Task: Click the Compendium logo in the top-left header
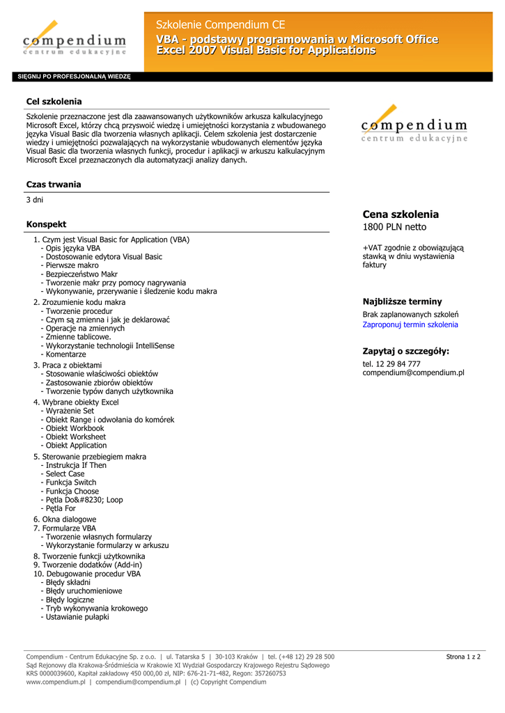click(x=74, y=38)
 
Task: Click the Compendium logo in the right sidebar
click(x=414, y=125)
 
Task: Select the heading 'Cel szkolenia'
click(x=54, y=102)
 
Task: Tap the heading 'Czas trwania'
click(x=54, y=185)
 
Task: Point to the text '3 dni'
click(x=35, y=200)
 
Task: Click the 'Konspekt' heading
click(x=46, y=224)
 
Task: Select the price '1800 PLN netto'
click(x=394, y=227)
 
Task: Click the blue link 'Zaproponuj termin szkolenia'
click(x=410, y=324)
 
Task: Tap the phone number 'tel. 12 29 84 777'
click(x=391, y=364)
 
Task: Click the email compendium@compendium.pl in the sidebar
click(x=413, y=373)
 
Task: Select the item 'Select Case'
click(x=65, y=473)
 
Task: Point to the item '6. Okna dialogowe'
click(x=65, y=519)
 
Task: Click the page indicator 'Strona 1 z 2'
click(x=463, y=657)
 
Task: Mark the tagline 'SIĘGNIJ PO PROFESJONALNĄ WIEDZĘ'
click(x=74, y=77)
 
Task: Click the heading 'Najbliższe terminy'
click(x=402, y=301)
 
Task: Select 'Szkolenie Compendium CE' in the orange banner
click(x=221, y=25)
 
